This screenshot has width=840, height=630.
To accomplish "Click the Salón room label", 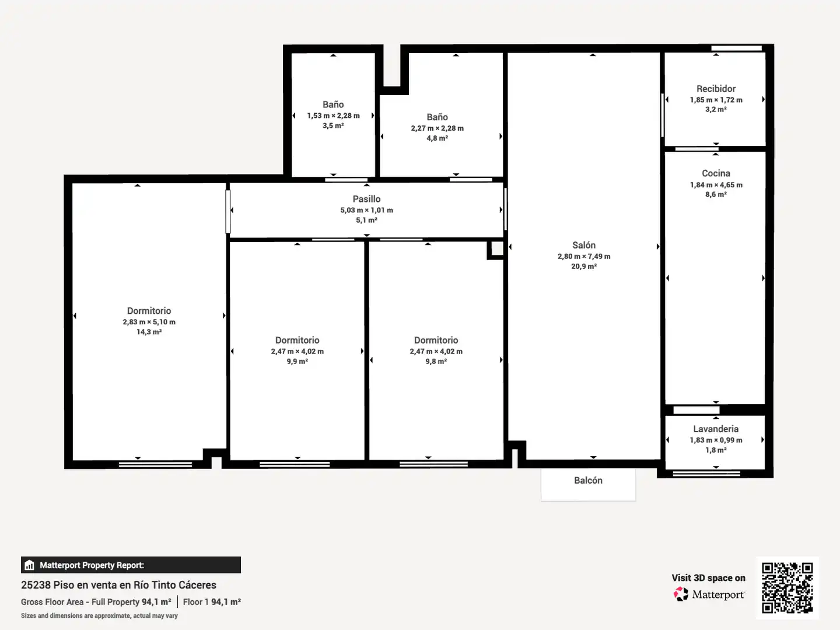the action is click(x=583, y=245).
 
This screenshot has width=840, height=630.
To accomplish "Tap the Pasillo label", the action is click(x=366, y=199).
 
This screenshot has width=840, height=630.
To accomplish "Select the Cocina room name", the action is click(x=716, y=173).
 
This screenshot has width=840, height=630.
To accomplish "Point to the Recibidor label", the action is click(x=716, y=89).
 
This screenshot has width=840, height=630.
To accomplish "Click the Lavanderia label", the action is click(x=716, y=429).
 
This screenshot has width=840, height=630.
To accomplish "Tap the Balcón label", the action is click(x=588, y=481).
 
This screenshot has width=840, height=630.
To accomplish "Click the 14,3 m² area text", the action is click(x=149, y=332).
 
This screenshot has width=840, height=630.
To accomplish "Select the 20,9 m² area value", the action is click(x=584, y=266).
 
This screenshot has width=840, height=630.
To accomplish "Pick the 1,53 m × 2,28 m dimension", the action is click(x=333, y=116).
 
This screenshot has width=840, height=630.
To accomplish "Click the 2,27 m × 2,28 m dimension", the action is click(x=437, y=128).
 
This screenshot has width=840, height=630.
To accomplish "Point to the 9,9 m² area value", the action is click(x=297, y=362).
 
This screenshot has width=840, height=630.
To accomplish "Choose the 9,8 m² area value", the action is click(x=436, y=362).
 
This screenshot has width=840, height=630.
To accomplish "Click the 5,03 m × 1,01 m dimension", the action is click(x=366, y=210).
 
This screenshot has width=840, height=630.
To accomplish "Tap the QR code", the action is click(x=787, y=587).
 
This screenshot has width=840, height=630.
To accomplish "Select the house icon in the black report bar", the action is click(x=30, y=565).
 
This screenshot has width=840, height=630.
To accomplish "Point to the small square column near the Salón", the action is click(x=496, y=250).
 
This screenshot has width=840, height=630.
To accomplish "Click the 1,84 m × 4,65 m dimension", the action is click(x=716, y=185).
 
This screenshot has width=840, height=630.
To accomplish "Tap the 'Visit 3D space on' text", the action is click(x=708, y=578).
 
